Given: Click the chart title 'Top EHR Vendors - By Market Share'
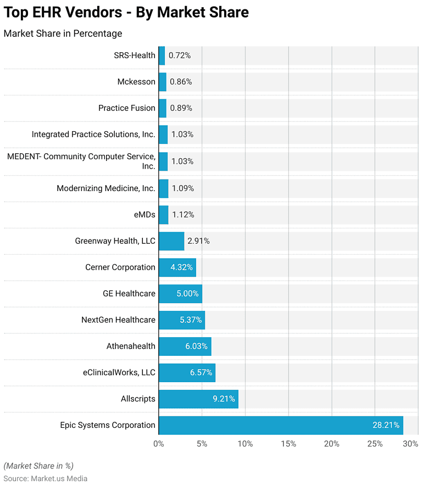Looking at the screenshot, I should (x=126, y=12).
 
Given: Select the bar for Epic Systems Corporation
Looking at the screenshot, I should (x=280, y=425).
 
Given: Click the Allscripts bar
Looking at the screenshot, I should (x=198, y=399).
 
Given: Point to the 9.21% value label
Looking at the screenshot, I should (x=224, y=399).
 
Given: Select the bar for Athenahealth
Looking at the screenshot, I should (x=185, y=346).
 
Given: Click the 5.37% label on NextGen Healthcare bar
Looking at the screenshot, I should (x=191, y=320).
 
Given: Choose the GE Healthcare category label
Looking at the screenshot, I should (x=129, y=293).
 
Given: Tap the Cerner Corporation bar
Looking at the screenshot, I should (x=177, y=267).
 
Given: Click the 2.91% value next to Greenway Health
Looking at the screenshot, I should (x=198, y=241).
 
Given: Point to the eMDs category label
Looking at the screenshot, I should (x=145, y=214).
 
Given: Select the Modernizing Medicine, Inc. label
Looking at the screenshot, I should (x=106, y=188).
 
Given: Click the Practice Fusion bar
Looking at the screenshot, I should (x=163, y=108).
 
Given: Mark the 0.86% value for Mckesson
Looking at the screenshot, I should (x=181, y=82).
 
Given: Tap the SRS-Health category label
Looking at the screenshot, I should (x=135, y=55).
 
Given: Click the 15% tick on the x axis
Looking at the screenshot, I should (x=288, y=444).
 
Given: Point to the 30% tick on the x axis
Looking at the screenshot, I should (x=410, y=444).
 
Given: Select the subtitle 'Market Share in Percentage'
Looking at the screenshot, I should (x=63, y=33).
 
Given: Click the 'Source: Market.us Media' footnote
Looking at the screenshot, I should (x=46, y=478).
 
